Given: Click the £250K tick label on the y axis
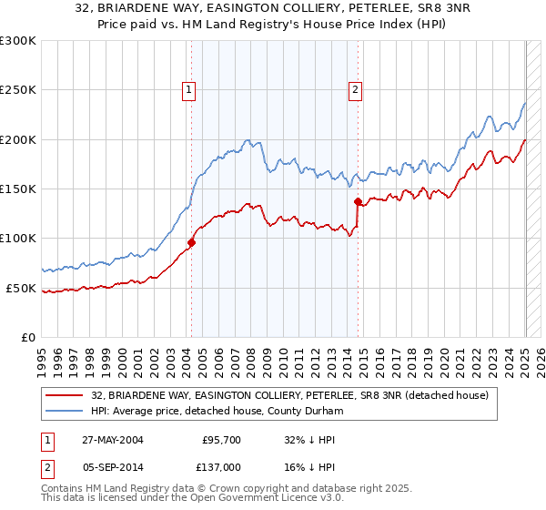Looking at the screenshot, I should (x=18, y=90).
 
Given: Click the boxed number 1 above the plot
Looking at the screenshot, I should (x=188, y=89).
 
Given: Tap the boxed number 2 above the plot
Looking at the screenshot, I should (x=354, y=89).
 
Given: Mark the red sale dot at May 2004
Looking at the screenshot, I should (x=192, y=242).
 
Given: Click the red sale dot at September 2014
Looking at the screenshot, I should (x=358, y=201).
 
